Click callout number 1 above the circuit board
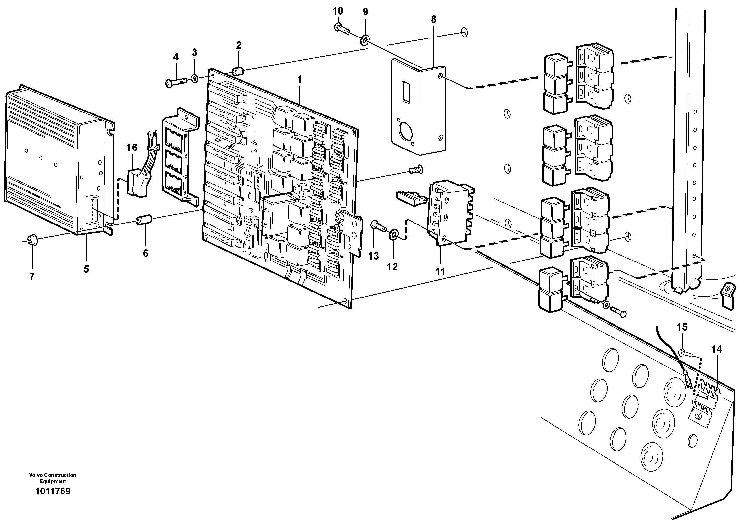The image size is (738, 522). point(299,80)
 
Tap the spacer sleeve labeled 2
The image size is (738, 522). point(238,71)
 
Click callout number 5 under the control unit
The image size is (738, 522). point(86,269)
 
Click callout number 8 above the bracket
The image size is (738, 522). point(434,19)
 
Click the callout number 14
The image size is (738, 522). point(716,349)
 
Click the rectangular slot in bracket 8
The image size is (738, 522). point(406,92)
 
